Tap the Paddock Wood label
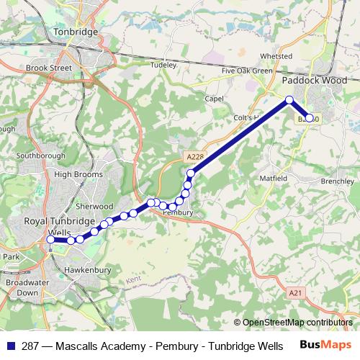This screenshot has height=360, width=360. tap(314, 81)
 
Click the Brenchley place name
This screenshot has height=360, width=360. tap(337, 181)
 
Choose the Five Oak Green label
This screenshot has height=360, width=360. tap(247, 71)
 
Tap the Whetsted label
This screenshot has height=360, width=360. tap(276, 55)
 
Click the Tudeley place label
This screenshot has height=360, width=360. tap(163, 65)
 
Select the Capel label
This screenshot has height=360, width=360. tap(215, 99)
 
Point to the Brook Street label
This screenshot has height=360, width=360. tap(49, 68)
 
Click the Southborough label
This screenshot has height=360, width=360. tap(41, 156)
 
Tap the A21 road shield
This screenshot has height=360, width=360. tap(294, 293)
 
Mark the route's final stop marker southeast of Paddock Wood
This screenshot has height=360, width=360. tap(310, 118)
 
